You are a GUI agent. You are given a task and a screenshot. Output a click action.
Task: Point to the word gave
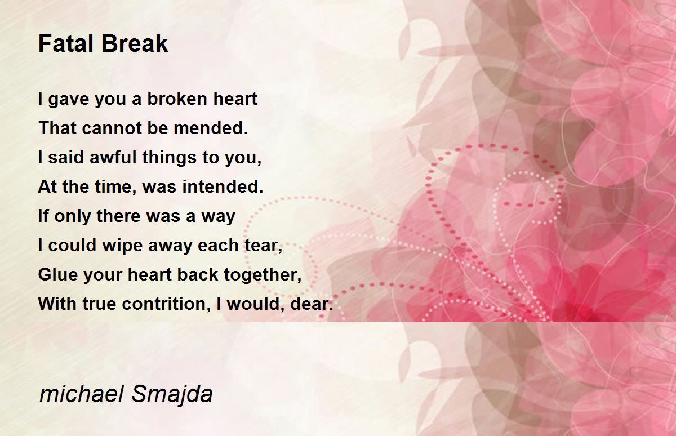point(68,100)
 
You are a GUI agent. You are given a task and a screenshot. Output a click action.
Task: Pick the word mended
point(211,128)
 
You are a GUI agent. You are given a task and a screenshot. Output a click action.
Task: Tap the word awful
point(113,157)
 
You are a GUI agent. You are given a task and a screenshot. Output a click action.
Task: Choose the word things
point(169,158)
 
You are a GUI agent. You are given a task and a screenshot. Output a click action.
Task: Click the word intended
point(223,186)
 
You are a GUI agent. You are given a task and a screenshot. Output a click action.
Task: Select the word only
point(73,217)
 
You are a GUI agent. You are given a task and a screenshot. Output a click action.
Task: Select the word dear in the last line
point(312,304)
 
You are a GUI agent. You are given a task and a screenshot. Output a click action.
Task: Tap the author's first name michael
point(82,394)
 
